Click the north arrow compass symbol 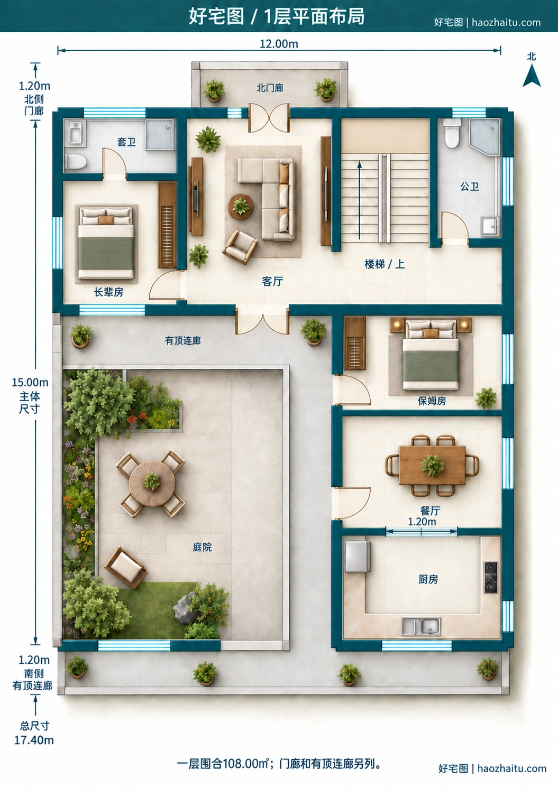pos(531,76)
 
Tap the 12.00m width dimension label pos(279,44)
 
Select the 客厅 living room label pos(272,281)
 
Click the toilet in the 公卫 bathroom pos(452,133)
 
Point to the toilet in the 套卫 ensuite pos(76,162)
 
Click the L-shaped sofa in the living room pos(266,199)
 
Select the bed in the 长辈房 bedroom pos(106,243)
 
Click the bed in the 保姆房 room pos(431,355)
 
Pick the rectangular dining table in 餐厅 pos(432,465)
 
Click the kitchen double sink pos(421,626)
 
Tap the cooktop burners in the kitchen pos(491,577)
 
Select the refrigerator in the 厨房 pos(358,556)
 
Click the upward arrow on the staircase pos(360,200)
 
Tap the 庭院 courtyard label pos(202,546)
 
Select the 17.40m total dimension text pos(34,740)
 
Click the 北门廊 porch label pos(270,88)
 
